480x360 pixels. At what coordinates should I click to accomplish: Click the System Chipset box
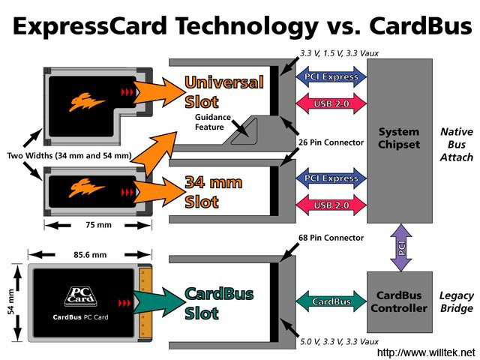(399, 139)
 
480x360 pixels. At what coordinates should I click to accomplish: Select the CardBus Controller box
(399, 301)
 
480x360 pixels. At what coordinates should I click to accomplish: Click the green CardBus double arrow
(330, 301)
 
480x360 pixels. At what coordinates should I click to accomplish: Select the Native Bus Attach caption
(456, 144)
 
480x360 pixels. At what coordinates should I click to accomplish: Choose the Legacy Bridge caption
(456, 302)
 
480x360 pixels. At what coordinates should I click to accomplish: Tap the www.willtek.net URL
(426, 352)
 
